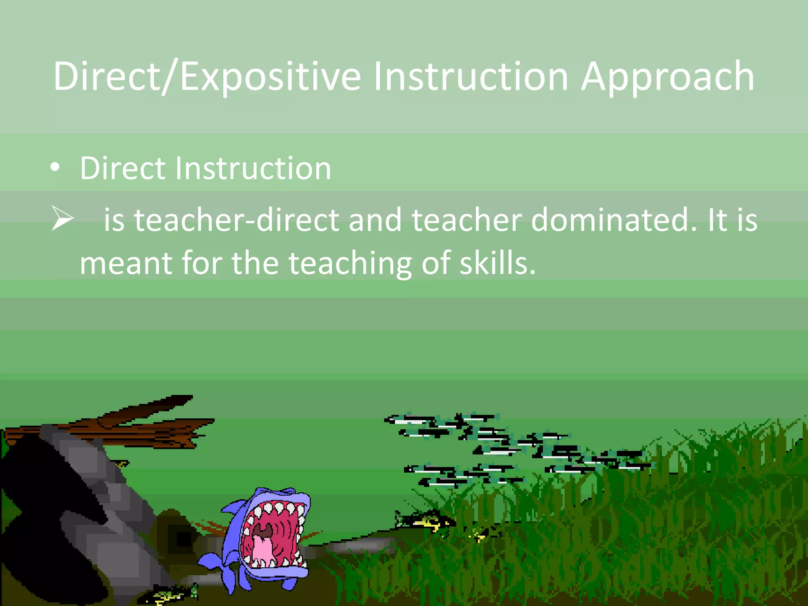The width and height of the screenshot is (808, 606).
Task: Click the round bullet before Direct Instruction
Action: pyautogui.click(x=55, y=168)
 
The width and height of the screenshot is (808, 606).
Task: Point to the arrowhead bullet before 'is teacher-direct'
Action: pyautogui.click(x=62, y=218)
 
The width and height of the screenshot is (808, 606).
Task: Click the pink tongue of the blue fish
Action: pyautogui.click(x=262, y=550)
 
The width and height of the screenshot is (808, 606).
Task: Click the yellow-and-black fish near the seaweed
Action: pyautogui.click(x=426, y=521)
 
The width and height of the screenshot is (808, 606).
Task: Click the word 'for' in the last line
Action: pyautogui.click(x=202, y=263)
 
